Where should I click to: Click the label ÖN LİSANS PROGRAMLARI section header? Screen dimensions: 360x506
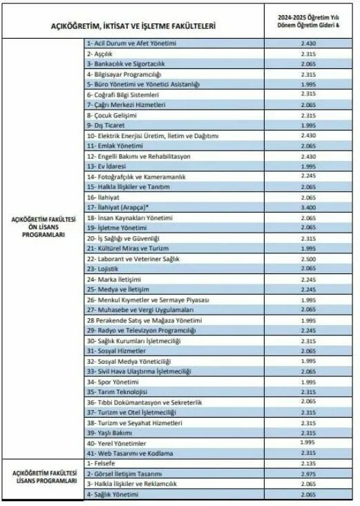point(44,228)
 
